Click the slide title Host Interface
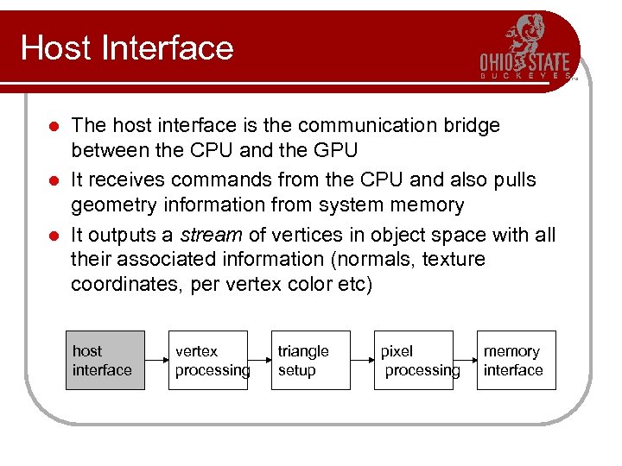pyautogui.click(x=127, y=47)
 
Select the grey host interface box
pyautogui.click(x=105, y=361)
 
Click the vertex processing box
pyautogui.click(x=208, y=361)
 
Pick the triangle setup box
pyautogui.click(x=311, y=361)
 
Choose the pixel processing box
pyautogui.click(x=414, y=361)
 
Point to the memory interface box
pyautogui.click(x=517, y=361)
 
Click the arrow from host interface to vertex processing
pyautogui.click(x=156, y=361)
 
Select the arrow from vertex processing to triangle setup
pyautogui.click(x=259, y=361)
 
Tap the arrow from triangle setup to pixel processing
pyautogui.click(x=362, y=361)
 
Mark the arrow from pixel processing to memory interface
pyautogui.click(x=465, y=361)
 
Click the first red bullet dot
pyautogui.click(x=54, y=126)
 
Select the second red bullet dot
pyautogui.click(x=54, y=180)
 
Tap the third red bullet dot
pyautogui.click(x=54, y=236)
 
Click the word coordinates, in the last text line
pyautogui.click(x=129, y=285)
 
